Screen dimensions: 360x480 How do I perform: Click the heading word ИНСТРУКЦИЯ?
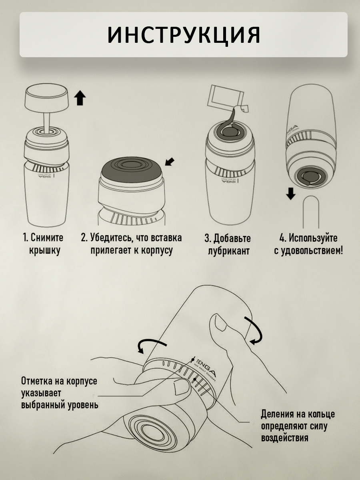(184, 36)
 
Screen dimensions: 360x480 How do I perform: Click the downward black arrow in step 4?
(291, 194)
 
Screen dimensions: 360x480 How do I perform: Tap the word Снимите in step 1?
(47, 238)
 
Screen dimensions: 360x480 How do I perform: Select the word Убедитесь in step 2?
(111, 238)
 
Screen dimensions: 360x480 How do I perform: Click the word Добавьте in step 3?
(232, 238)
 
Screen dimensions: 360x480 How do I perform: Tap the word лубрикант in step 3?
(229, 251)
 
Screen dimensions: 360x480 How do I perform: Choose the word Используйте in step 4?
(313, 238)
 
